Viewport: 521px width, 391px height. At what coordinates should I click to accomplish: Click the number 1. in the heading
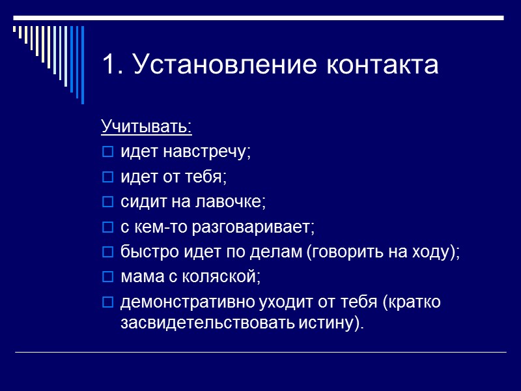pyautogui.click(x=112, y=66)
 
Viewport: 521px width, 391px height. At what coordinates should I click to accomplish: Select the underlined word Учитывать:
pyautogui.click(x=147, y=126)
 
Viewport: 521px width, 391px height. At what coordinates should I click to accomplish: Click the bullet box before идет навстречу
pyautogui.click(x=107, y=152)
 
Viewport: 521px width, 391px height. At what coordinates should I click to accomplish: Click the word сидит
pyautogui.click(x=139, y=202)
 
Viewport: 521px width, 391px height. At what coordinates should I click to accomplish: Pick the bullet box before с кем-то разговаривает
pyautogui.click(x=107, y=228)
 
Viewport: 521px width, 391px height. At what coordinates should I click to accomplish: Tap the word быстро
pyautogui.click(x=143, y=252)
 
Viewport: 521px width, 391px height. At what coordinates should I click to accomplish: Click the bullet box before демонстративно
pyautogui.click(x=107, y=303)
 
